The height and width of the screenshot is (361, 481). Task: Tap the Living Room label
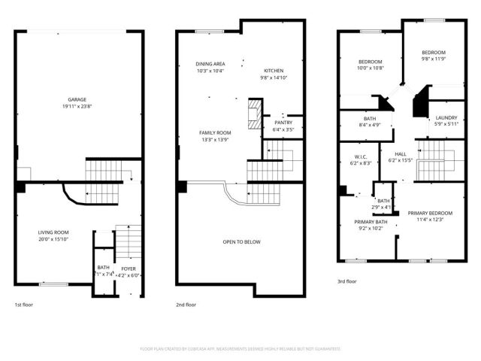[53, 232]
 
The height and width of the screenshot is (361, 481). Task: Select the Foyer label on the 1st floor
[129, 268]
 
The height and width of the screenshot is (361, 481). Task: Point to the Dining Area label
[210, 64]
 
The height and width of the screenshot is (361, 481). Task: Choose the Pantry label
[283, 123]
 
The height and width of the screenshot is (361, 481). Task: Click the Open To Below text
[241, 242]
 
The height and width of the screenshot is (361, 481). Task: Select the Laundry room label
[446, 118]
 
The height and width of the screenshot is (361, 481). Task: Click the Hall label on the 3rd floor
[401, 154]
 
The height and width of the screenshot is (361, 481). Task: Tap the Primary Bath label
[371, 223]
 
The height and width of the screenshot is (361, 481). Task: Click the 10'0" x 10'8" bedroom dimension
[371, 68]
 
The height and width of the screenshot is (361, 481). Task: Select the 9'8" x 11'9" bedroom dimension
[434, 59]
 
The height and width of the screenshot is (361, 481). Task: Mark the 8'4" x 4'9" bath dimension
[370, 125]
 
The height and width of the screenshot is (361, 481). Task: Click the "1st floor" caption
[24, 305]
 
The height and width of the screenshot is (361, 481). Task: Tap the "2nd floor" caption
[186, 305]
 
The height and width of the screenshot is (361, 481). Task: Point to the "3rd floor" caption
[347, 281]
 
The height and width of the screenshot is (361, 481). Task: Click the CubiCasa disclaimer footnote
[240, 349]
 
